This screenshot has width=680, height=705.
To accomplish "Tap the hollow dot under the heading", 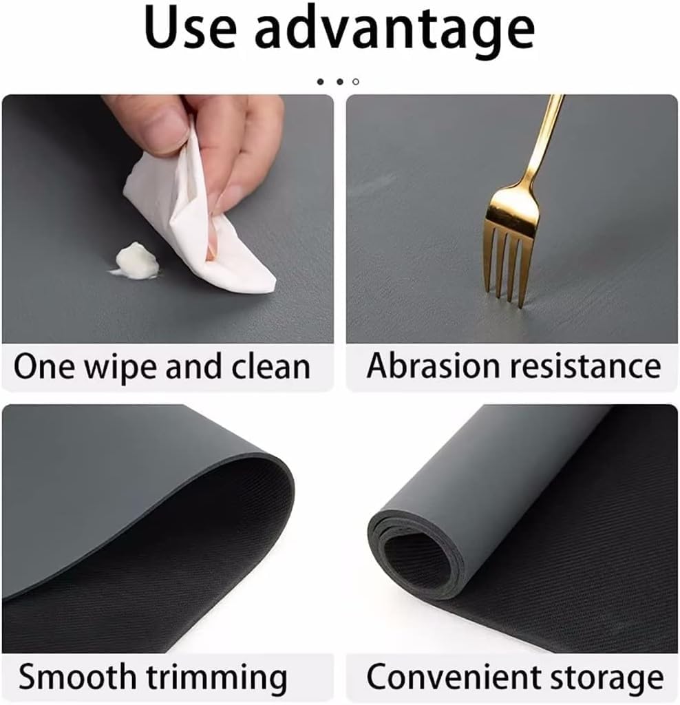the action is pos(356,82).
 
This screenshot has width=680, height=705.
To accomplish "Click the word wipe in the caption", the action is pos(121,368).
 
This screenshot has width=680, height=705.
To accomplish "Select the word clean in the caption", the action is pos(270,367).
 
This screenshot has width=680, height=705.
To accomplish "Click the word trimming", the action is pos(217,679).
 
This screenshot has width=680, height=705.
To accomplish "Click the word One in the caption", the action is pos(44,367).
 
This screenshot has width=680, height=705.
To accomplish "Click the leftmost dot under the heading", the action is pos(321,82).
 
